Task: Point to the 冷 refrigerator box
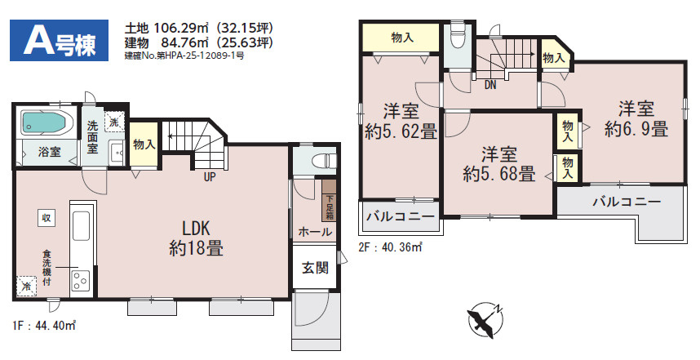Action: click(27, 286)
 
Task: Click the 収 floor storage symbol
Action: click(47, 217)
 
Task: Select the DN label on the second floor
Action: click(490, 85)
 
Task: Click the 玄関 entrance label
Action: click(310, 267)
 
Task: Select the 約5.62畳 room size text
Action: click(401, 131)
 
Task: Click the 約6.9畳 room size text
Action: click(636, 129)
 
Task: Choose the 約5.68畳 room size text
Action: click(498, 174)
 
